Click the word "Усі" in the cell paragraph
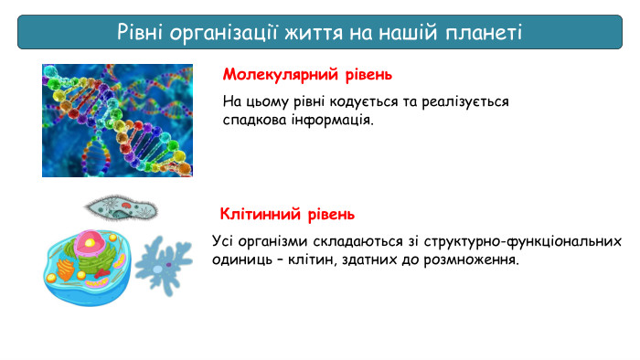point(223,241)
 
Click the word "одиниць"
point(240,259)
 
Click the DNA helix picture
point(117,120)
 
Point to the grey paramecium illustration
point(121,206)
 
